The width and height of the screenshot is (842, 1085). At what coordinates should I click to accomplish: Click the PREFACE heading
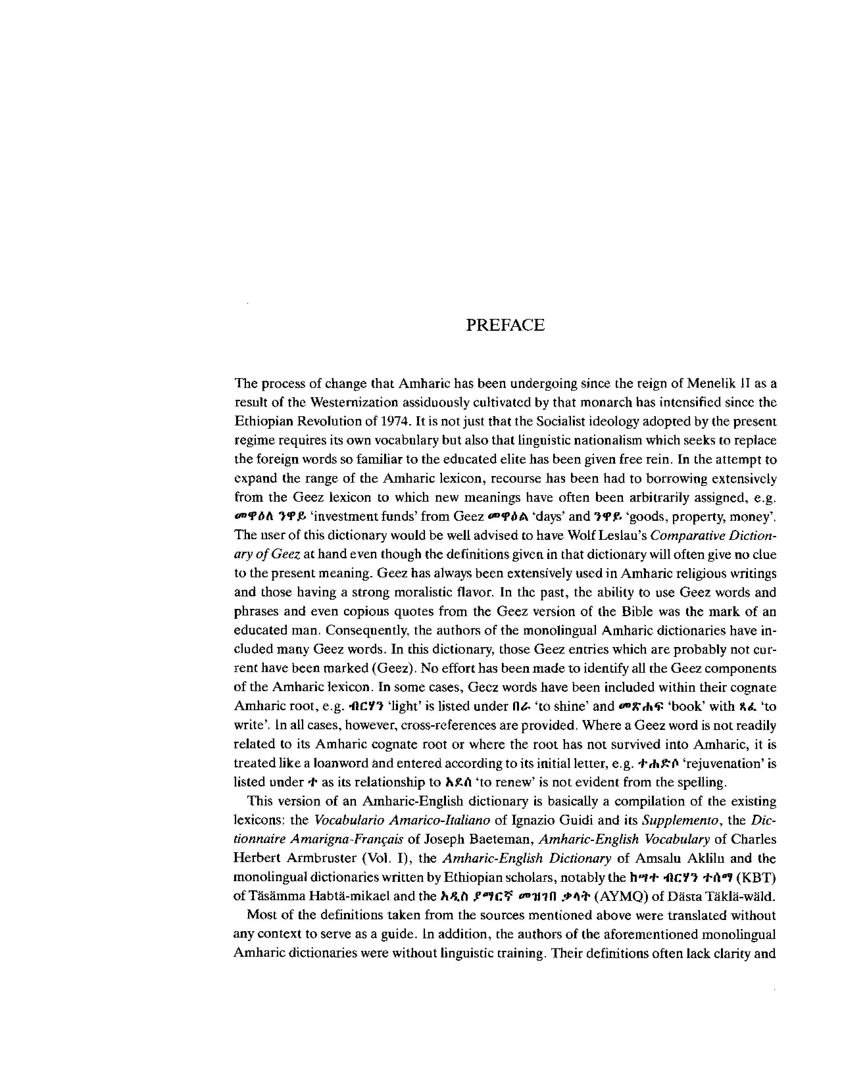pyautogui.click(x=505, y=325)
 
